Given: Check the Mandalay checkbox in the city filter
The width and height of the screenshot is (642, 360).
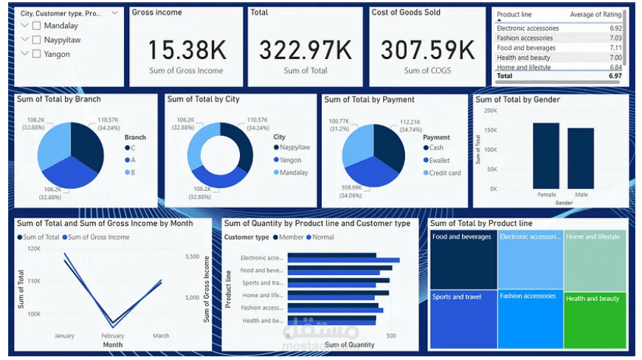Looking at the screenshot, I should (37, 26).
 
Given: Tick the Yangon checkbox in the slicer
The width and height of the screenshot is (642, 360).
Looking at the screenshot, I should (37, 54).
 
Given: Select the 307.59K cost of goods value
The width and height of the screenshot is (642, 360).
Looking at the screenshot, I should (427, 50).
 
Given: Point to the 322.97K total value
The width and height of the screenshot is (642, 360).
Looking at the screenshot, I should (305, 50).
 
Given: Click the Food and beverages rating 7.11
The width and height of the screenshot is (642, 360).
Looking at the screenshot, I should (615, 48).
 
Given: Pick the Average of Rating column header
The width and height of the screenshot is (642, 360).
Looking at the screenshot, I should (596, 15).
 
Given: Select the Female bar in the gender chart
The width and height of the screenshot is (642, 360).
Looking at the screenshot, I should (546, 156).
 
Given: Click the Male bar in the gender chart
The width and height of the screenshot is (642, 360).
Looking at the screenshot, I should (581, 159).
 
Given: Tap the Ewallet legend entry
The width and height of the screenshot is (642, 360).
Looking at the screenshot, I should (439, 160).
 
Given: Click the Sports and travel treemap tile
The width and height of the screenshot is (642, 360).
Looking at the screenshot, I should (463, 319).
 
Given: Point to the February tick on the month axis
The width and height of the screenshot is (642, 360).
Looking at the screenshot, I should (112, 336).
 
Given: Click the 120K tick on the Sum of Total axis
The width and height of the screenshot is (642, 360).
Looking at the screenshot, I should (33, 249).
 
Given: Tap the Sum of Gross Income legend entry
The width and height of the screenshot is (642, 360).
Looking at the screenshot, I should (98, 238).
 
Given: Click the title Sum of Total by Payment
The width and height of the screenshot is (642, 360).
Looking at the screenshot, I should (369, 100).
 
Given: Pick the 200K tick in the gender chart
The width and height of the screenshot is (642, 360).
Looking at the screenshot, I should (490, 110).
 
